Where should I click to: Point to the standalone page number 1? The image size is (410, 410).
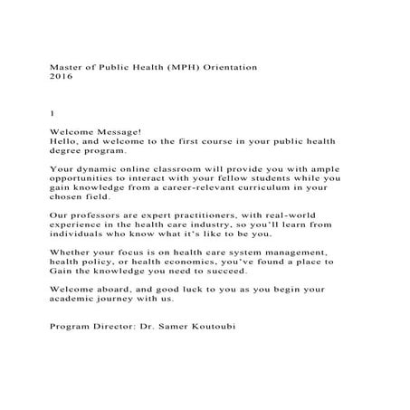point(52,113)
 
